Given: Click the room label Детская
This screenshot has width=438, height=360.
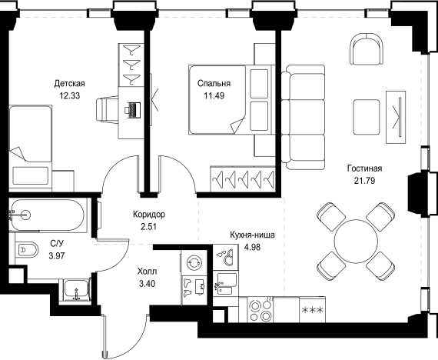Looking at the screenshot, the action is [70, 83].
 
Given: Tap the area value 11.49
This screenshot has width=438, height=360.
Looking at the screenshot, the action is [214, 96].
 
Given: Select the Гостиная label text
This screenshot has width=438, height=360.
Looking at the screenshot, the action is [364, 168].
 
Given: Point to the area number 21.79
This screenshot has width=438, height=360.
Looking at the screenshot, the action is [364, 181].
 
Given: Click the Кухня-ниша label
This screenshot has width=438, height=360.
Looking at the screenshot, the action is [252, 235].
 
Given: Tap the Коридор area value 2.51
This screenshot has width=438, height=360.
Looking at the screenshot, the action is [148, 227].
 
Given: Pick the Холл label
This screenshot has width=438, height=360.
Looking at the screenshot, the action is [148, 272].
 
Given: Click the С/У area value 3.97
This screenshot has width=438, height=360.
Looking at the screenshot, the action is [57, 255].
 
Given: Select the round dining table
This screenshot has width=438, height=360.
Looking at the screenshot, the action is [356, 241].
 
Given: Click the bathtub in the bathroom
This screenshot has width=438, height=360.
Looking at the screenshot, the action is [46, 215].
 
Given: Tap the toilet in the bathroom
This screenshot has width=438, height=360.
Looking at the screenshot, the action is [27, 249].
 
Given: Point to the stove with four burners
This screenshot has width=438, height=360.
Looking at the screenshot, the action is [260, 310].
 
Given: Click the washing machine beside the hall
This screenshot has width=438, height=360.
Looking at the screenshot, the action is [194, 262].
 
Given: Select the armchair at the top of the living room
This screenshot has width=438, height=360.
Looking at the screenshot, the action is [367, 48].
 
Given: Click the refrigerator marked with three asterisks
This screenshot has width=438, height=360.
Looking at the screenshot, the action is [312, 310].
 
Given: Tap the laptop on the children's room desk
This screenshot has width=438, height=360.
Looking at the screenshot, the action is [133, 110].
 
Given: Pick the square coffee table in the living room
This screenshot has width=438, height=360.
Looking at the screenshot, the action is [367, 117].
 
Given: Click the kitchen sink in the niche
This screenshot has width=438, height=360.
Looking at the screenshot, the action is [227, 284].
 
